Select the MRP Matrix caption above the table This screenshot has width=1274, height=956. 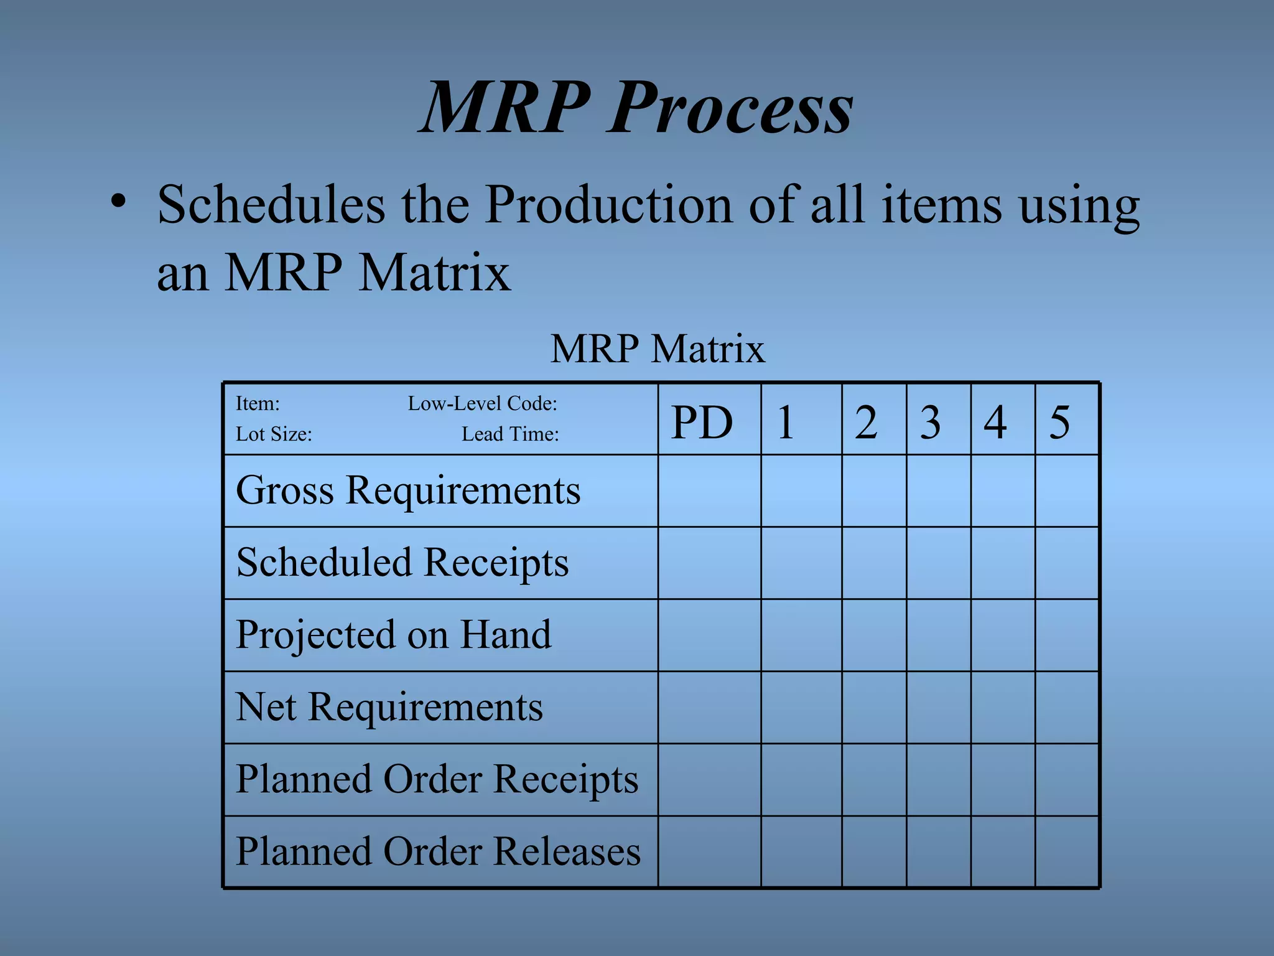(657, 349)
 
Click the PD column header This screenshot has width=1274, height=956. (702, 423)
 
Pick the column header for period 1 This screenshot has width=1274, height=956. (786, 423)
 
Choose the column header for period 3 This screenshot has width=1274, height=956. (930, 423)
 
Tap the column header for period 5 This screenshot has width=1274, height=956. (1059, 423)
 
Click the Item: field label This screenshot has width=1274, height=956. (258, 403)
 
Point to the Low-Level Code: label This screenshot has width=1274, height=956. (482, 403)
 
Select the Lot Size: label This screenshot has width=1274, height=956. (274, 434)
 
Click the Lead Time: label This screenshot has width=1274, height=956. (510, 434)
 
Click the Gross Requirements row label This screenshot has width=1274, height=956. (408, 490)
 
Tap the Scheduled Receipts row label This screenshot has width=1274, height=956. (402, 563)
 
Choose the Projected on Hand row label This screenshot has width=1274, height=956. (394, 635)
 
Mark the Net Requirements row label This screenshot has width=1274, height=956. (389, 707)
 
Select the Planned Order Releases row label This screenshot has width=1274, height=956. (438, 851)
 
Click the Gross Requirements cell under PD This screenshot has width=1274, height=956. (709, 490)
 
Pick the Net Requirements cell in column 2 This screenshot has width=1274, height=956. (874, 707)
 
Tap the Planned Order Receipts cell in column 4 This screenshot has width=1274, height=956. (1003, 779)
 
